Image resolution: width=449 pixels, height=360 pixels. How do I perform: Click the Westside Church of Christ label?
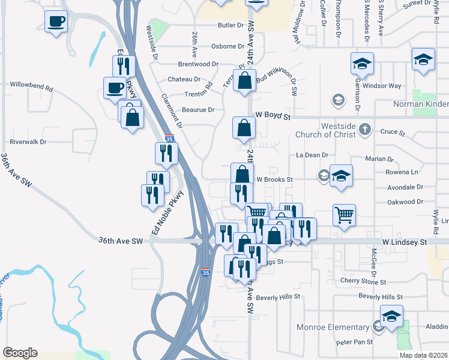point(326,131)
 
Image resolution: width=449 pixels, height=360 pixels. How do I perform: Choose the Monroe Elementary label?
point(333,327)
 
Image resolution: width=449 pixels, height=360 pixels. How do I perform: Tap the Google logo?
point(20,352)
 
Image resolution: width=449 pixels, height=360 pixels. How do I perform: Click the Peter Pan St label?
point(354,342)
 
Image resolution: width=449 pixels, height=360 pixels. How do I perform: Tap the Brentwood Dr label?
point(197,64)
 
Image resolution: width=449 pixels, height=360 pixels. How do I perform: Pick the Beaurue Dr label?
point(198,110)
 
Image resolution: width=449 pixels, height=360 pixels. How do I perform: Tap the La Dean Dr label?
point(312,155)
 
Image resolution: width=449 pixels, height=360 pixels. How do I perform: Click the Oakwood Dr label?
point(406,202)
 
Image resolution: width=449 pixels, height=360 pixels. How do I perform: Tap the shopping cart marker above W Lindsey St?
point(344,215)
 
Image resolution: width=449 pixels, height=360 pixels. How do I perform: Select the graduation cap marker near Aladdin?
point(391,316)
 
